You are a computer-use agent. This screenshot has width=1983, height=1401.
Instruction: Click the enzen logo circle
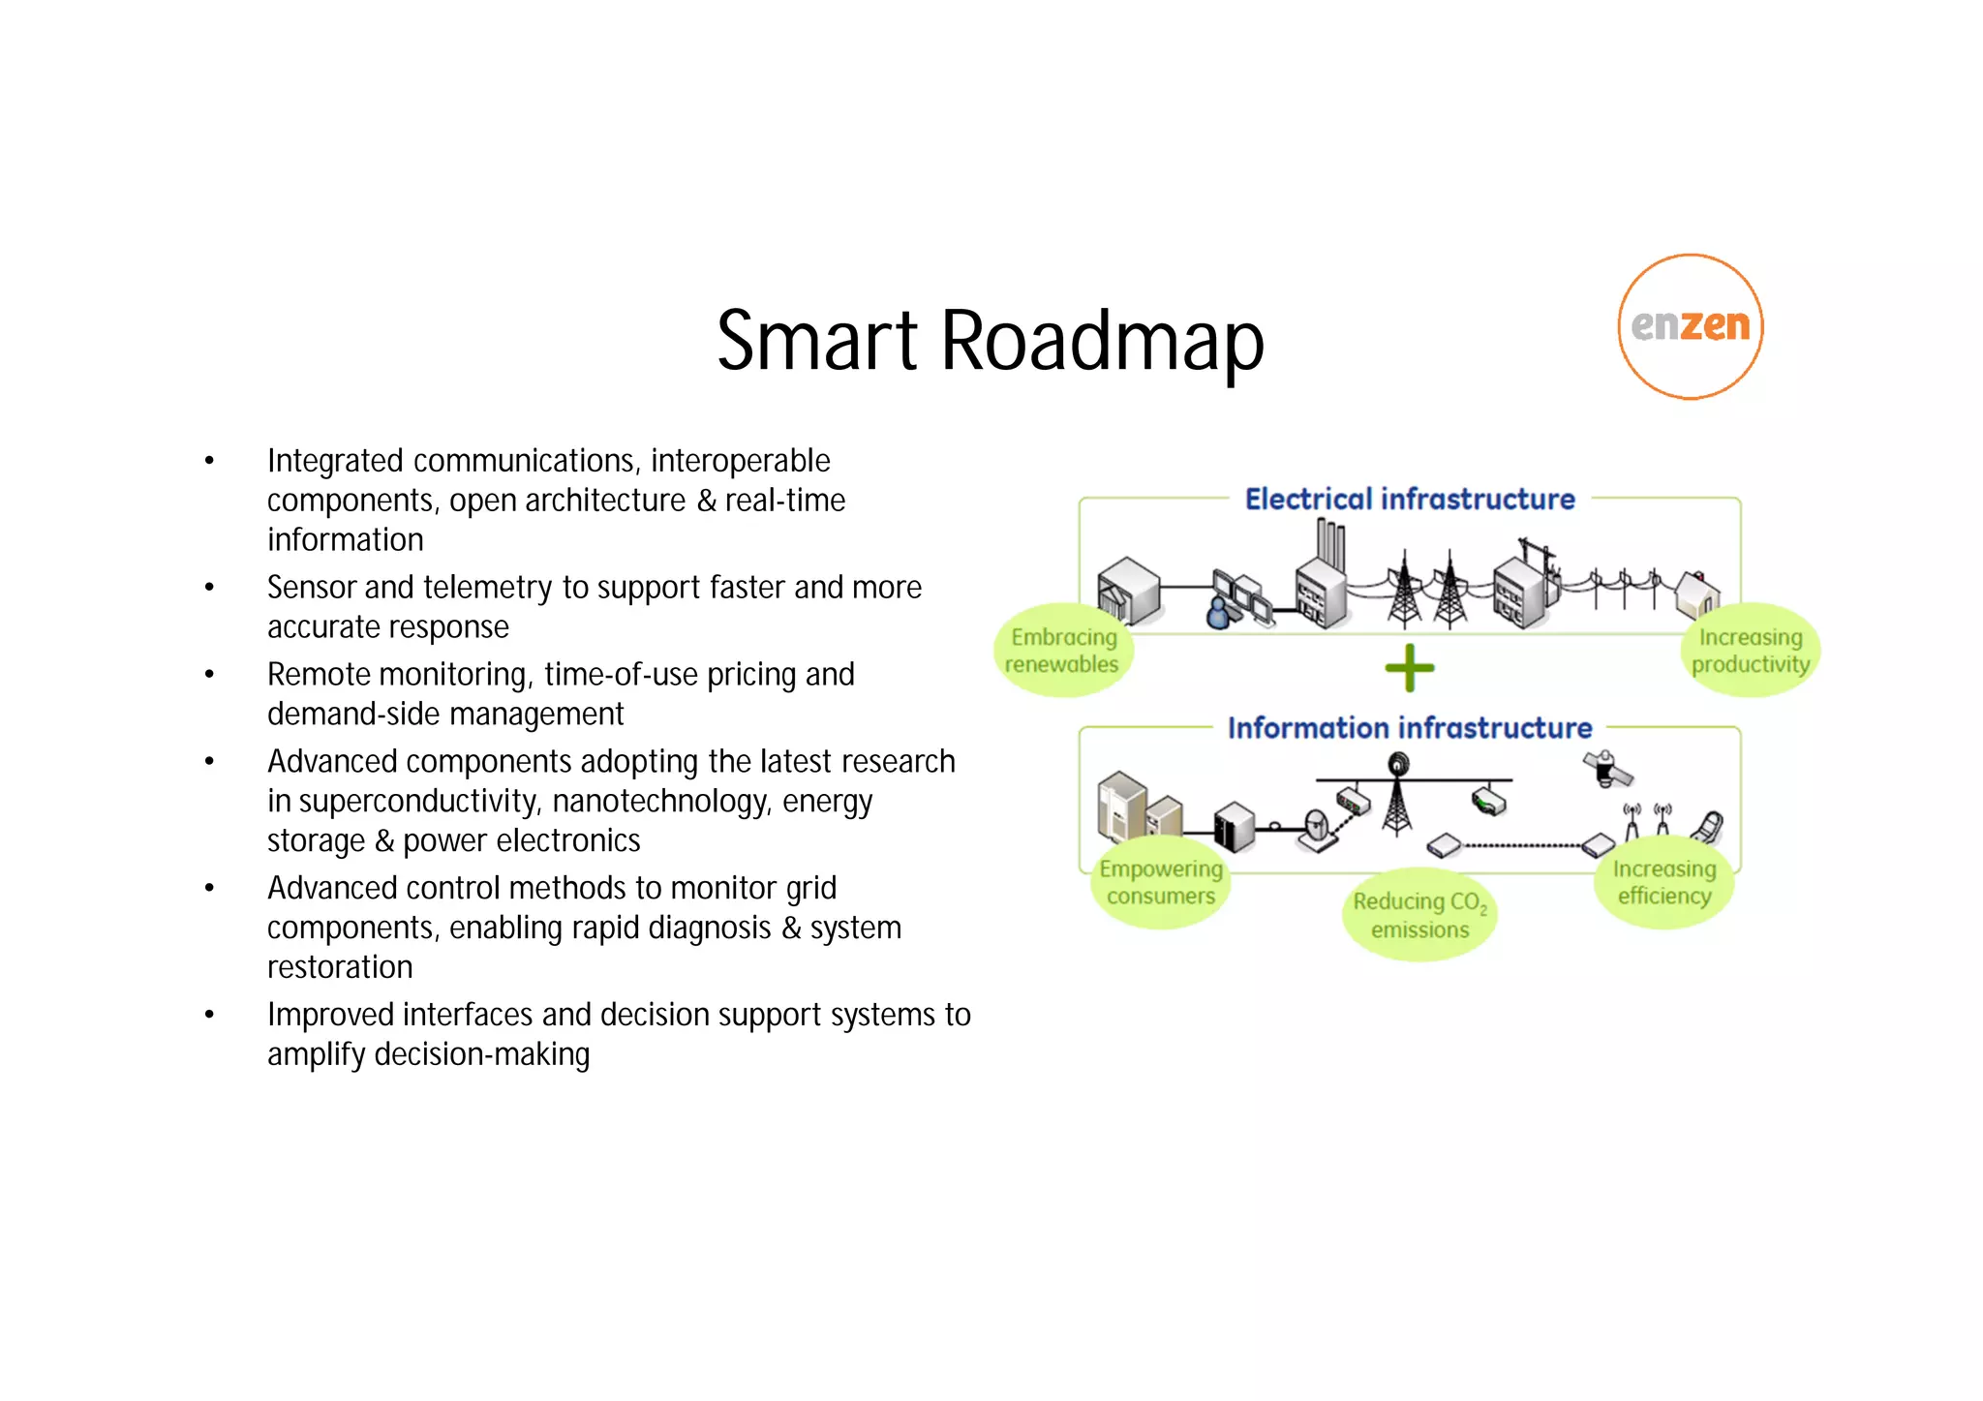tap(1690, 326)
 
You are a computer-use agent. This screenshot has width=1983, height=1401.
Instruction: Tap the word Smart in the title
tap(816, 341)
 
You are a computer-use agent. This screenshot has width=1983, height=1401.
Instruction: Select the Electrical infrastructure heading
tap(1409, 499)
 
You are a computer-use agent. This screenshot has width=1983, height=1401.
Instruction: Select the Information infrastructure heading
tap(1409, 727)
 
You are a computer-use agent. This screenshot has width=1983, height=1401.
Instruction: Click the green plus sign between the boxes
tap(1409, 668)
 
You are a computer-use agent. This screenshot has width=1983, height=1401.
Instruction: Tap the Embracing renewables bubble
tap(1062, 651)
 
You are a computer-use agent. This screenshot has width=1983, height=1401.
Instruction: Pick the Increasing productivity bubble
tap(1750, 651)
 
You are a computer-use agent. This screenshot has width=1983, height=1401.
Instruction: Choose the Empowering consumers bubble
tap(1160, 882)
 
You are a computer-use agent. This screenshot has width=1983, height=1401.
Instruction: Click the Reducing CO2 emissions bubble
tap(1419, 915)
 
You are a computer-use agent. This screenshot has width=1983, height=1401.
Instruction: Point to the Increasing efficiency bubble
tap(1663, 882)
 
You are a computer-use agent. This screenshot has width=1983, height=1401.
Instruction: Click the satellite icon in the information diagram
tap(1607, 769)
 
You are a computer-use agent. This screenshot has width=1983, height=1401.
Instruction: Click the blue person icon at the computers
tap(1219, 613)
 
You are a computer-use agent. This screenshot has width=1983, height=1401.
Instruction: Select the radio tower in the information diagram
tap(1396, 796)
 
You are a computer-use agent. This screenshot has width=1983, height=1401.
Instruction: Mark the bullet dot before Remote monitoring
tap(209, 675)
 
